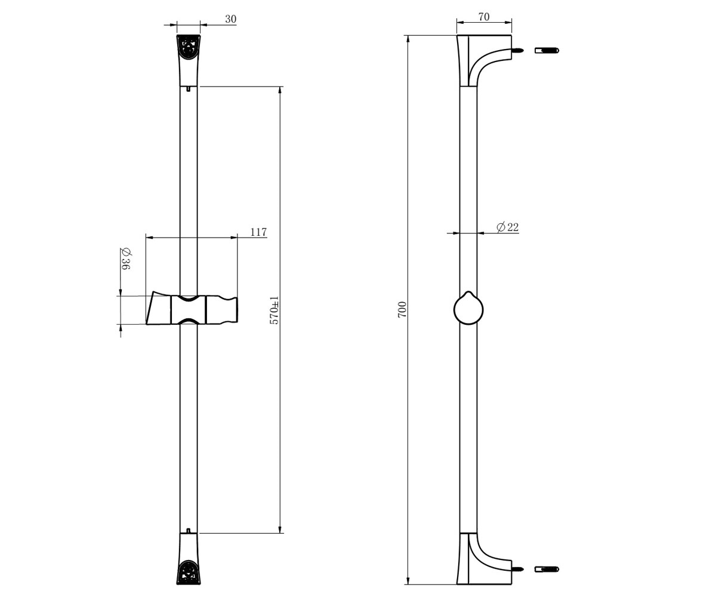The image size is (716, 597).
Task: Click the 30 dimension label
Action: tap(231, 19)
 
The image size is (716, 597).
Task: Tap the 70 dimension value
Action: tap(484, 17)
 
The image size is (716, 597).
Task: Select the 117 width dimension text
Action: tap(258, 232)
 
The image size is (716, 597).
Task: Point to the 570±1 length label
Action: tap(274, 310)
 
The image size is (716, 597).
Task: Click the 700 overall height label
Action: tap(402, 309)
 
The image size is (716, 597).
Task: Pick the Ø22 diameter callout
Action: tap(508, 227)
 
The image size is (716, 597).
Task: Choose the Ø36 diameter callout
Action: tap(125, 259)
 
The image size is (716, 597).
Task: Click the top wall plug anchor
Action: tap(547, 50)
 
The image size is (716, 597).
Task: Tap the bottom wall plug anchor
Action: tap(547, 569)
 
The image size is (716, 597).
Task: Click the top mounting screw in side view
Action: tap(519, 51)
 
